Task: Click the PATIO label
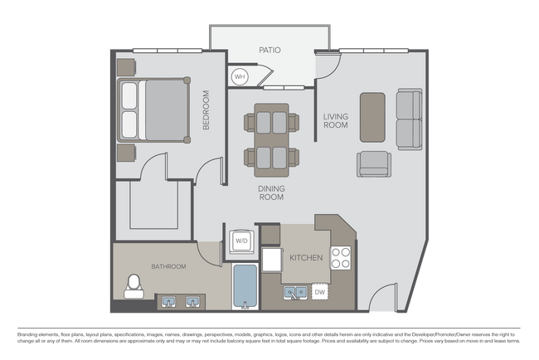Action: [269, 51]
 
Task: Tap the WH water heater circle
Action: [240, 77]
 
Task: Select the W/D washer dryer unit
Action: [241, 241]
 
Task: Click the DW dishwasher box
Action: [320, 292]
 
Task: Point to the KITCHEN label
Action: [305, 258]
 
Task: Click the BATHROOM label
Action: [168, 266]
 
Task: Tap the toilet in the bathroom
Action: [133, 287]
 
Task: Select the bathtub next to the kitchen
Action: [245, 286]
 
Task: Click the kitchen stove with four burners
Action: [342, 258]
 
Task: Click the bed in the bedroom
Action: [153, 109]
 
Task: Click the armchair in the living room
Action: [375, 164]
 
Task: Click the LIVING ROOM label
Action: [335, 120]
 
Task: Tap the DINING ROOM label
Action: [271, 193]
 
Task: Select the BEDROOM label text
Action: [207, 109]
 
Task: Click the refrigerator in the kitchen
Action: [272, 259]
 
